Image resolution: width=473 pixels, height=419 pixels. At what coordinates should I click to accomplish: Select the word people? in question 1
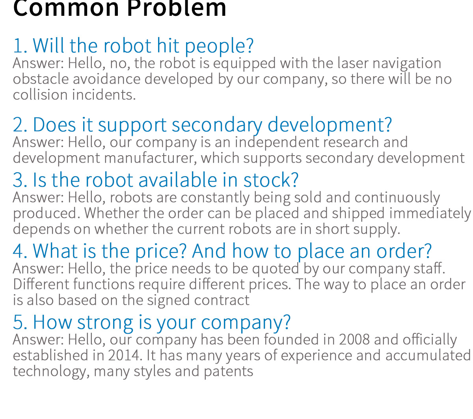(x=219, y=46)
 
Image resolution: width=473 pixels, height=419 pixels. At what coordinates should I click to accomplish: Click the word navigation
(x=407, y=64)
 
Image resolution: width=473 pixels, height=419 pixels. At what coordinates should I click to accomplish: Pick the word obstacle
(x=41, y=79)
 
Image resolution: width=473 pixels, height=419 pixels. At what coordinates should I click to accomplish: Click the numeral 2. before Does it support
(x=20, y=125)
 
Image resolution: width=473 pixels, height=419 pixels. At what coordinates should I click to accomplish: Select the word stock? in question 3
(x=271, y=180)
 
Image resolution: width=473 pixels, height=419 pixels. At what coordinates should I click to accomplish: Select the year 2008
(x=354, y=340)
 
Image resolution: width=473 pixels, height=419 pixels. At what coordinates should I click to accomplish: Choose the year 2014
(x=125, y=355)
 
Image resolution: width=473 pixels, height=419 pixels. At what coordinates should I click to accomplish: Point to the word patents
(x=229, y=372)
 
